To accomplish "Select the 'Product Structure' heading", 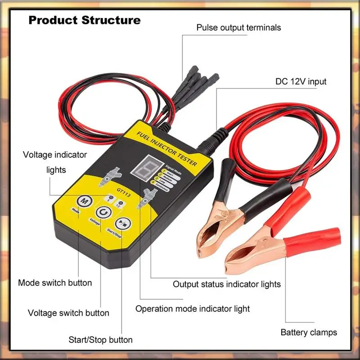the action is point(85,20).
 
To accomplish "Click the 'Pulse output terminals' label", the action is point(238,27).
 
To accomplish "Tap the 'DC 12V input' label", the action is point(301,82).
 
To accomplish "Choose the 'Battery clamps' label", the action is point(309,333).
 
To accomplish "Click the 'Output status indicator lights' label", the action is point(227,284).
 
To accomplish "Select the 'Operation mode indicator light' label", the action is point(193,309).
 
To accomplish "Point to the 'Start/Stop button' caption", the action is point(100,340).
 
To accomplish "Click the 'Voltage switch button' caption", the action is point(68,313).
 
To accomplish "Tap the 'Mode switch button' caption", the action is point(55,283).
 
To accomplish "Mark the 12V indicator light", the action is point(121,202).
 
